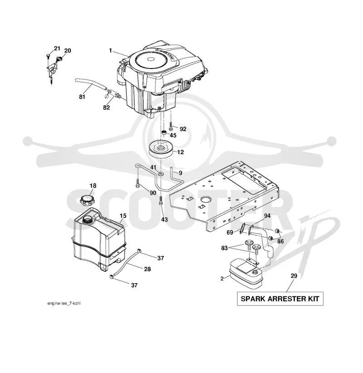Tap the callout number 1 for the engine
(x=110, y=51)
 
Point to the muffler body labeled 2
(x=245, y=275)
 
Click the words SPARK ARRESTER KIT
(x=280, y=299)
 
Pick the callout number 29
(x=294, y=276)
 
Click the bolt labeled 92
(x=171, y=126)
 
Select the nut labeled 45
(x=164, y=133)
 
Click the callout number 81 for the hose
(x=82, y=97)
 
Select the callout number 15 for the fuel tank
(x=123, y=216)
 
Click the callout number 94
(x=267, y=216)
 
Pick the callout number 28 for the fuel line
(x=147, y=269)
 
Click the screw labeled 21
(x=48, y=56)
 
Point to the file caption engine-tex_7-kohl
(x=64, y=303)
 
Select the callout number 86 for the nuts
(x=281, y=241)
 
